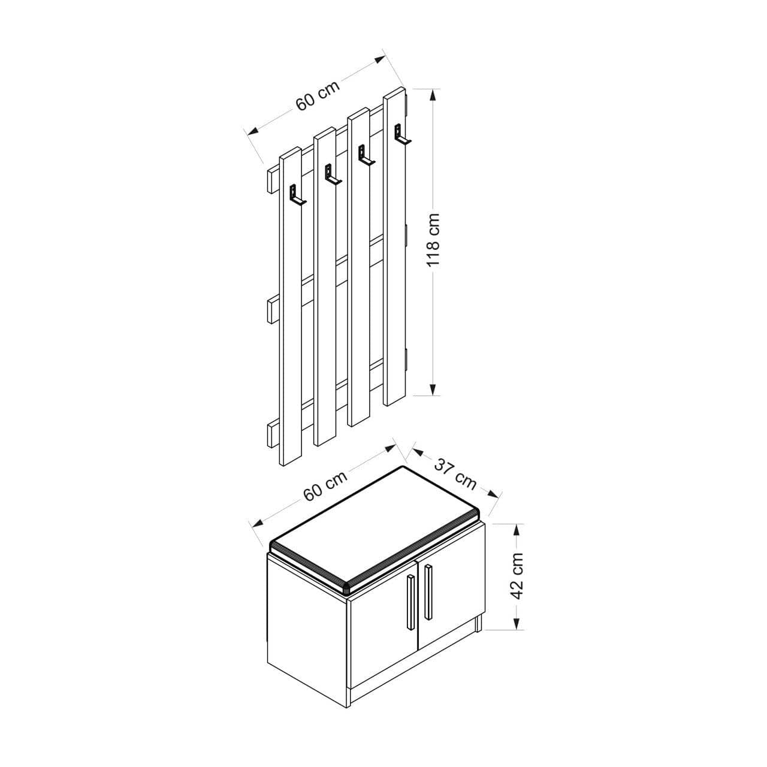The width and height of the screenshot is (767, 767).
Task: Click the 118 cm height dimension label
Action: click(433, 240)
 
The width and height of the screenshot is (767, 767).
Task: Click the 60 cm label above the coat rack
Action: click(318, 96)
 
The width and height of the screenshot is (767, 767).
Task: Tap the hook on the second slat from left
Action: click(333, 174)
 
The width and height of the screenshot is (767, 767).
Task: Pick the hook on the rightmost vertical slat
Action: click(402, 135)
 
